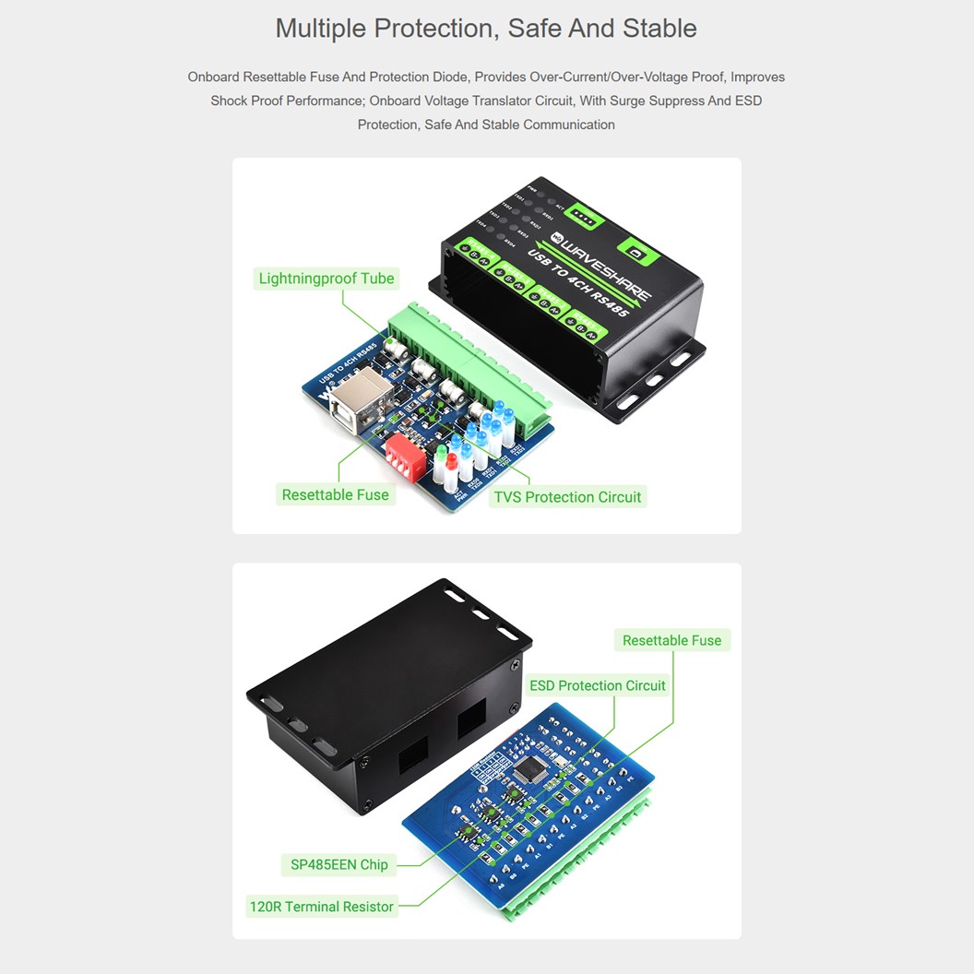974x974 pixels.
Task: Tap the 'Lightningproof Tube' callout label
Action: pyautogui.click(x=327, y=279)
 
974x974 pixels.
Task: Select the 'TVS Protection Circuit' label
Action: pyautogui.click(x=567, y=497)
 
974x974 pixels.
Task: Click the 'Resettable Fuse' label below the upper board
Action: pyautogui.click(x=336, y=495)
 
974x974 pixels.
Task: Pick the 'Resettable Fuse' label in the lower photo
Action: pyautogui.click(x=671, y=641)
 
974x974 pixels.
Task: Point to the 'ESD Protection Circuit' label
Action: pyautogui.click(x=598, y=686)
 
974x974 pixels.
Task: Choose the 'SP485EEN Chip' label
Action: pyautogui.click(x=339, y=865)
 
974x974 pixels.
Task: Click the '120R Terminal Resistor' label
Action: pyautogui.click(x=322, y=908)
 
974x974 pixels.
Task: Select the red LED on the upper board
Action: pyautogui.click(x=452, y=460)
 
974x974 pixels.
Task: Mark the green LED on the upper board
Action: pyautogui.click(x=441, y=456)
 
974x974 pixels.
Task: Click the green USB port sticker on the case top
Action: pyautogui.click(x=635, y=248)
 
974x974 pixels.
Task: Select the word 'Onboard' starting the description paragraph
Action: pyautogui.click(x=214, y=77)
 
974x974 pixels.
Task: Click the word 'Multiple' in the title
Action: pyautogui.click(x=320, y=29)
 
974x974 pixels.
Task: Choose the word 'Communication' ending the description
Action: pyautogui.click(x=569, y=125)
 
